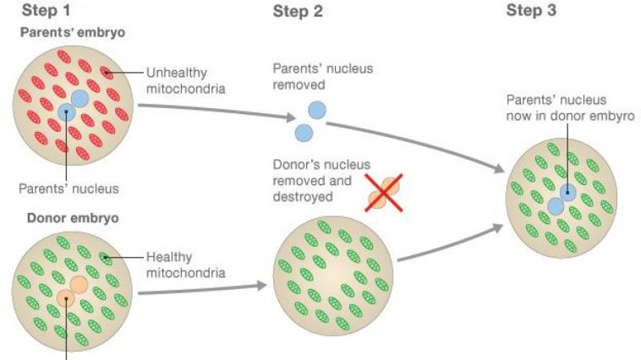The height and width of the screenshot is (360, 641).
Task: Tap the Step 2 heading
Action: tap(298, 11)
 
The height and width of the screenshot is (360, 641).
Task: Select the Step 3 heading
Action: tap(531, 11)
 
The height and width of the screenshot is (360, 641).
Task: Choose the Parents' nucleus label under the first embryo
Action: tap(70, 188)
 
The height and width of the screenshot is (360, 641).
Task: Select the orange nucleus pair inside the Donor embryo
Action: tap(71, 292)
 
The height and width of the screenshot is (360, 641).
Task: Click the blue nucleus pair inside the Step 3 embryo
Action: tap(562, 199)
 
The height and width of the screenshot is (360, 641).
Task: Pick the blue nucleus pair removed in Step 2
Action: tap(310, 121)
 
